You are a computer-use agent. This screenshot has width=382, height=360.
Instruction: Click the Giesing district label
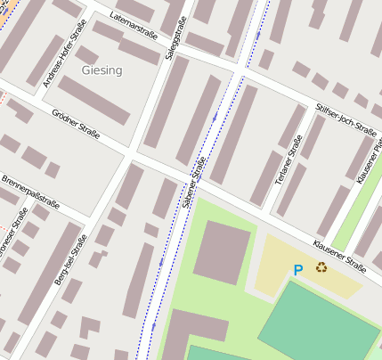click(102, 70)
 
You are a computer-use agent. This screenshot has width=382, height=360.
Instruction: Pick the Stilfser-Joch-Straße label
click(345, 119)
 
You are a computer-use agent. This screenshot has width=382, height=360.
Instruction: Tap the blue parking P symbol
click(298, 269)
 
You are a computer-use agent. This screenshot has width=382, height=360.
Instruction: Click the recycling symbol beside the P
click(321, 266)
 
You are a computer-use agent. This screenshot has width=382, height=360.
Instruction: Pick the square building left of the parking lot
click(223, 252)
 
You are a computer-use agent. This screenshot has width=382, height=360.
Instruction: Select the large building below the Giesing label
click(94, 101)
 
